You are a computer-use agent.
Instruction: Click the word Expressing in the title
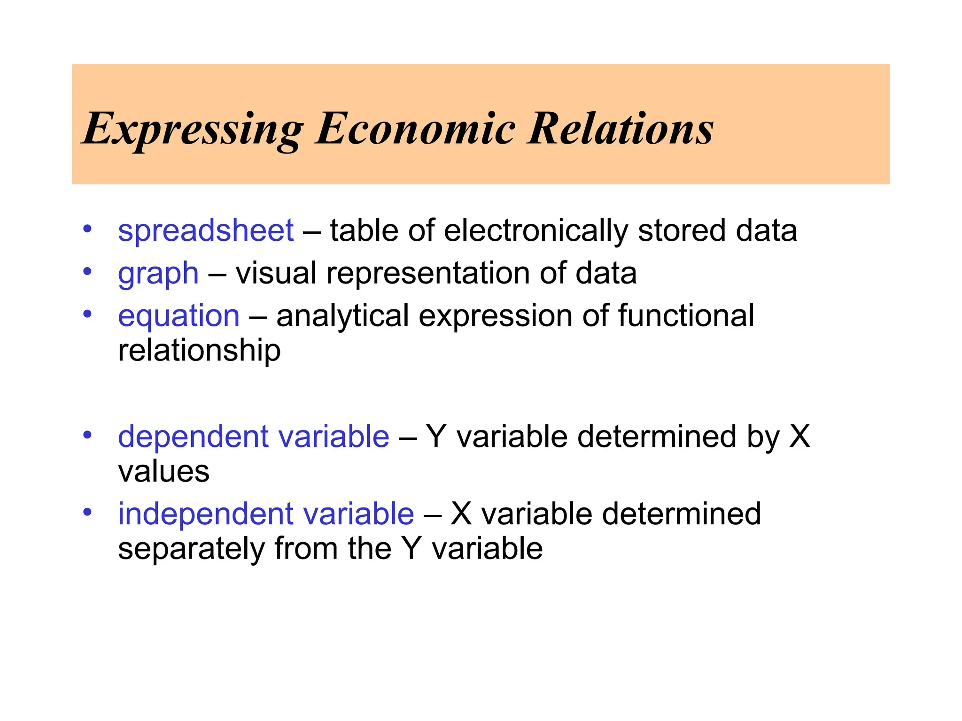coord(193,129)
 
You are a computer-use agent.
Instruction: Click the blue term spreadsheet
coord(206,230)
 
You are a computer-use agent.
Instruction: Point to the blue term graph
coord(158,274)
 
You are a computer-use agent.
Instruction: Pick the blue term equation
coord(178,315)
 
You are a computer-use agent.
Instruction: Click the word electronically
coord(535,230)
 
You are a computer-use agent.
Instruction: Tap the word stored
coord(682,230)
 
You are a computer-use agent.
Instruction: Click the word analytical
coord(342,315)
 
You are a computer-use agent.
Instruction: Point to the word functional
coord(686,315)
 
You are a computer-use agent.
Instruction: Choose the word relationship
coord(199,350)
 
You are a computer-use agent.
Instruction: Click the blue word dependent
coord(193,437)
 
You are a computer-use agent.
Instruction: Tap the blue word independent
coord(205,514)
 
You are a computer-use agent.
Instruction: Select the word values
coord(163,471)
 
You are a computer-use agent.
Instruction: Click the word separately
coord(191,548)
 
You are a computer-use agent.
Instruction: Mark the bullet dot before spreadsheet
coord(87,229)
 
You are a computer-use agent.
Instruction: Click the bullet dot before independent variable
coord(87,512)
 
